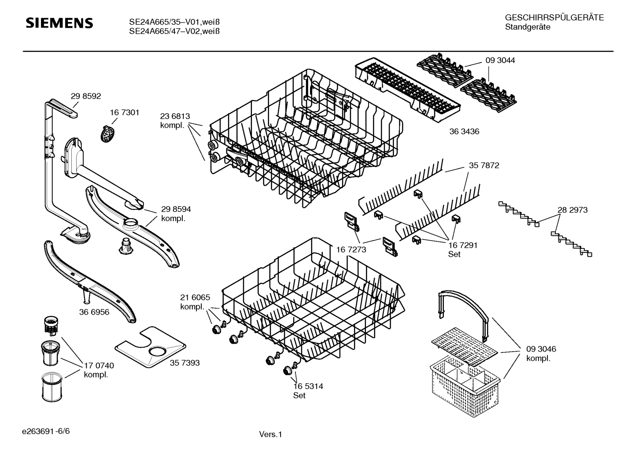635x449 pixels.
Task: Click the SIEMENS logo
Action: point(59,23)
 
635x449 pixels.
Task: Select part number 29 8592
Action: point(86,96)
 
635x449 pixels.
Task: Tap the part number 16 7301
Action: point(124,113)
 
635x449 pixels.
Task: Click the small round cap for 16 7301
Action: point(107,133)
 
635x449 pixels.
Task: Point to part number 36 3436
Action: point(464,131)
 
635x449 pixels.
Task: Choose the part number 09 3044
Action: point(500,61)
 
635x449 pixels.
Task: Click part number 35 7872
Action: point(484,166)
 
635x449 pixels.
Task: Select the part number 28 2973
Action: point(572,210)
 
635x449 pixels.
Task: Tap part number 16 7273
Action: point(351,250)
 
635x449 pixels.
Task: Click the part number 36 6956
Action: point(94,312)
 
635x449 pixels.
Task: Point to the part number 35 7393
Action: point(185,363)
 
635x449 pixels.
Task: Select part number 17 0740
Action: point(99,365)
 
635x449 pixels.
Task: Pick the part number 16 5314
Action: point(308,386)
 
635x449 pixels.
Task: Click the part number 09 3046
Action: point(541,349)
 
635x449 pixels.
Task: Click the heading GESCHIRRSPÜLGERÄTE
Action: point(554,18)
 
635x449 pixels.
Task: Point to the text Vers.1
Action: point(270,434)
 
